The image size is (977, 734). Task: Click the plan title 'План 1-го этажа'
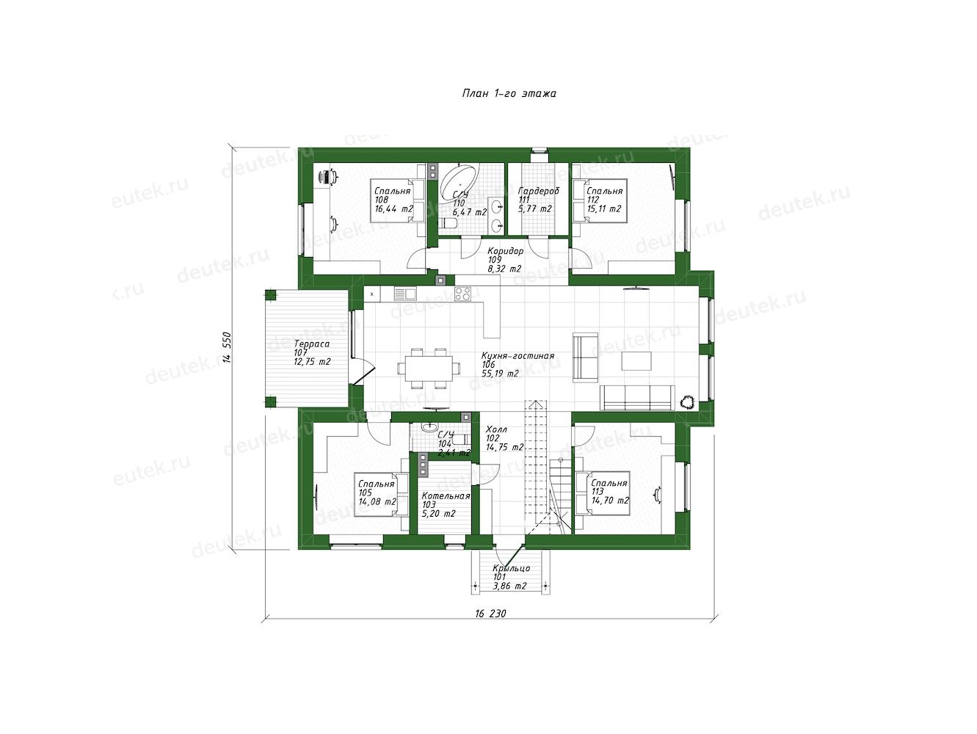[x=509, y=93]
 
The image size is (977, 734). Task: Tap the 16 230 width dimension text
[x=490, y=614]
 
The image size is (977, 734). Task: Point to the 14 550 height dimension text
[x=228, y=347]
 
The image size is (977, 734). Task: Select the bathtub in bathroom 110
[x=459, y=183]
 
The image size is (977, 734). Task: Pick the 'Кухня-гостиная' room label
[x=518, y=356]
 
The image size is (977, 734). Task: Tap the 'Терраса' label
[x=312, y=344]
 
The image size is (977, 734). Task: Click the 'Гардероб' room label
[x=539, y=191]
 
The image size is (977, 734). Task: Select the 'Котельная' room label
[x=446, y=496]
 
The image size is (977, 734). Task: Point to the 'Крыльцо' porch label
[x=511, y=568]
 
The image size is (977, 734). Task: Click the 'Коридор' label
[x=505, y=251]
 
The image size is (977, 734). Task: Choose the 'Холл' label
[x=496, y=429]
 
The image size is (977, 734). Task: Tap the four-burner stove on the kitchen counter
[x=463, y=294]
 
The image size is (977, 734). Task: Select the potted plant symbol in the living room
[x=687, y=402]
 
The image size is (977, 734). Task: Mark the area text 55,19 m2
[x=501, y=374]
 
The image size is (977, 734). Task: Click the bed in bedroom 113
[x=603, y=493]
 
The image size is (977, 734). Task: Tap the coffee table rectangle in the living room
[x=636, y=360]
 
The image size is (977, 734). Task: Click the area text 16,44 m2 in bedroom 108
[x=394, y=208]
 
